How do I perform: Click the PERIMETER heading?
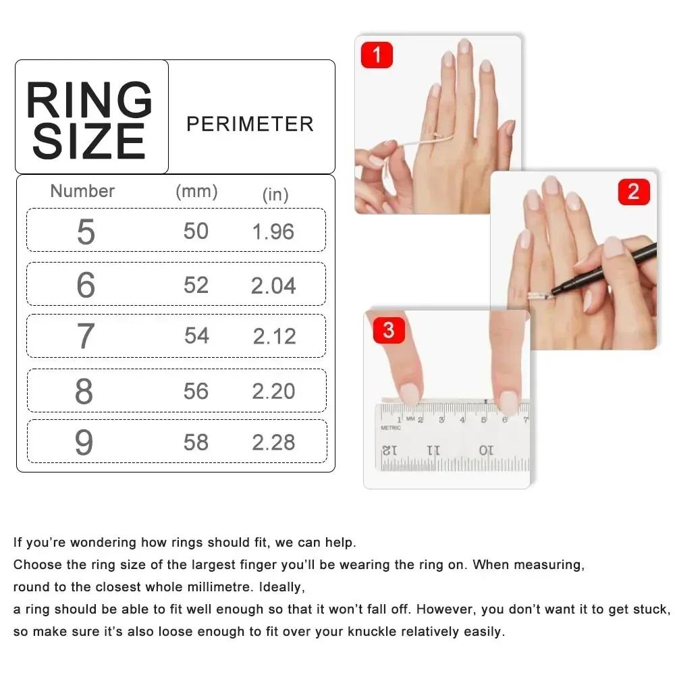250,124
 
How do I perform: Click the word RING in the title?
90,101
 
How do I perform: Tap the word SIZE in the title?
90,142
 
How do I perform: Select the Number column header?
82,191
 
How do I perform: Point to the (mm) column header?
196,191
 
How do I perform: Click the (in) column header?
275,194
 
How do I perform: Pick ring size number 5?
86,232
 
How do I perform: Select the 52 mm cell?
196,285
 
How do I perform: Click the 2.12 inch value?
274,336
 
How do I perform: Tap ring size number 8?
84,391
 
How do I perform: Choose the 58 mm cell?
196,442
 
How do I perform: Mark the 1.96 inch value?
273,232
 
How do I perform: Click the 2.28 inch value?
273,443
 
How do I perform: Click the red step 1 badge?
377,55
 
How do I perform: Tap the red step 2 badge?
633,192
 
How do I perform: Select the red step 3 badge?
388,331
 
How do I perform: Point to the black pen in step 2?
607,269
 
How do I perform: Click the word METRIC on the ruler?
391,428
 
